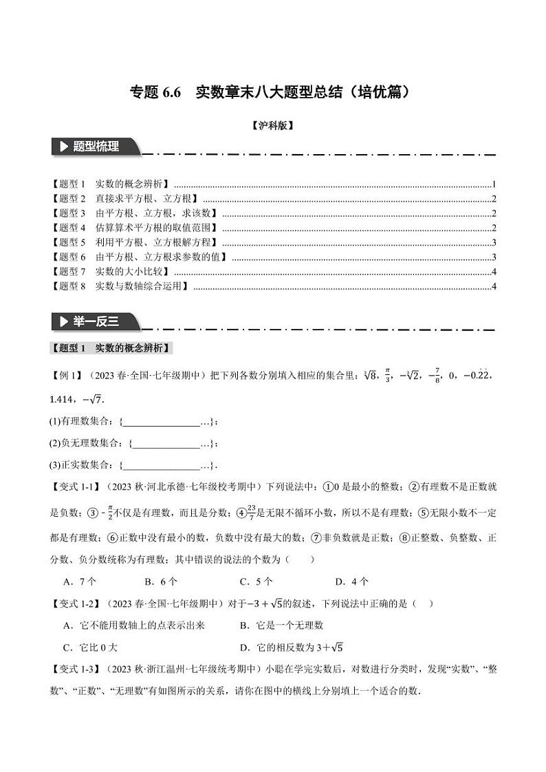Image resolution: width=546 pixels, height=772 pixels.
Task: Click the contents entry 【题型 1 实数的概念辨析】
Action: click(x=110, y=184)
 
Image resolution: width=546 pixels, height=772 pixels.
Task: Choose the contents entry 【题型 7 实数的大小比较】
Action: click(x=110, y=271)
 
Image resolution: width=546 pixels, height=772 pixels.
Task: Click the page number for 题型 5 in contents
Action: click(x=494, y=242)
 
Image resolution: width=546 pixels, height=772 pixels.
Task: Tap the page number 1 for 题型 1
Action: click(x=494, y=184)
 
